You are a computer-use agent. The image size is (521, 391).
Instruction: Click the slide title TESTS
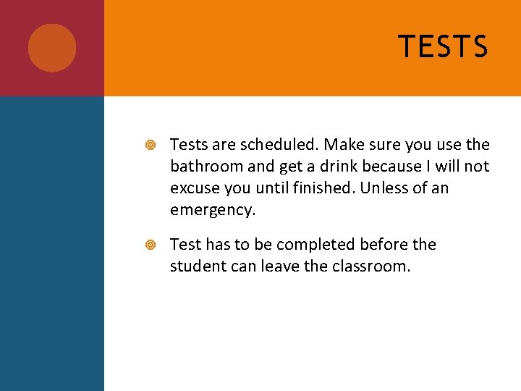[443, 47]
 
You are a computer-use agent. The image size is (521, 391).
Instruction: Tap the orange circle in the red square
[52, 48]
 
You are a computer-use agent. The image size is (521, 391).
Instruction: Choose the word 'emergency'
[212, 211]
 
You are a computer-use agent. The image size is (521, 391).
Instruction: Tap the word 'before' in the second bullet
[383, 245]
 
